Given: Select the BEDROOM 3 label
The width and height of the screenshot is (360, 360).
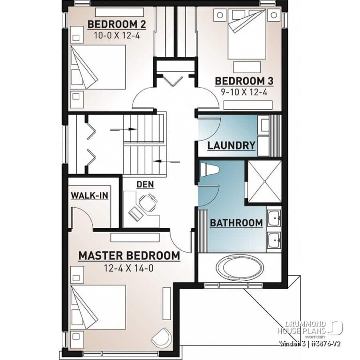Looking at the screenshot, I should (x=244, y=81).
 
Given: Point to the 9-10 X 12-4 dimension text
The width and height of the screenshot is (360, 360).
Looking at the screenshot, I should (x=244, y=92).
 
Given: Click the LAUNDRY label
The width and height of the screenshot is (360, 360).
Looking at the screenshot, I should (x=231, y=145).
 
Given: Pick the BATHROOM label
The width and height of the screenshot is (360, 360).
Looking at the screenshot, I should (x=236, y=223).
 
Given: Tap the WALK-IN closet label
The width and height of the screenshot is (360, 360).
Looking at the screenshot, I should (x=89, y=195).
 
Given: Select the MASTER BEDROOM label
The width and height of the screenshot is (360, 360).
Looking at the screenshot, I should (x=129, y=256).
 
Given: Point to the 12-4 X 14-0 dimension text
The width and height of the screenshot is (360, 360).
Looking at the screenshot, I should (x=129, y=268).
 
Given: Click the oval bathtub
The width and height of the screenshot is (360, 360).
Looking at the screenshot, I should (x=240, y=268).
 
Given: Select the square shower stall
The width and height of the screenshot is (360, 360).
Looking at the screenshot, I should (x=263, y=182).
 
